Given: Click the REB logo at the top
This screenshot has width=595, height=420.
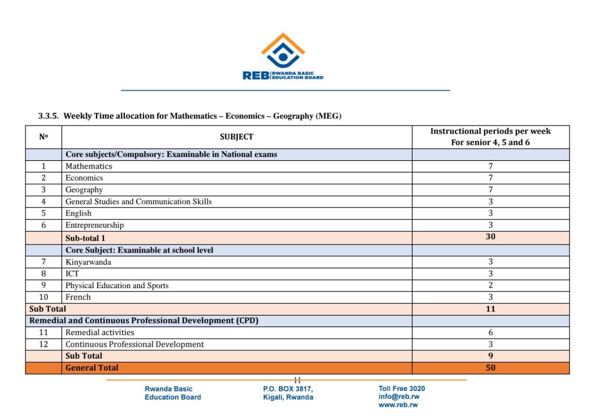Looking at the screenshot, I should coord(283,57).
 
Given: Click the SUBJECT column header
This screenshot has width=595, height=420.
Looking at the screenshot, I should coord(236,137).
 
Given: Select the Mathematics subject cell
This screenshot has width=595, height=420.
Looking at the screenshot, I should coord(89,166).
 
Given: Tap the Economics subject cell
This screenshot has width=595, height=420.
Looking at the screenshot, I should coord(84,178).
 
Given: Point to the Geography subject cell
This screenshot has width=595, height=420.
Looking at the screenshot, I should coord(84,190).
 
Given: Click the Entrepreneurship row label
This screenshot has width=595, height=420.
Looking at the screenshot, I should coord(95,225).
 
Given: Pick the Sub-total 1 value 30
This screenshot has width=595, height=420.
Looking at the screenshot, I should coord(490,237).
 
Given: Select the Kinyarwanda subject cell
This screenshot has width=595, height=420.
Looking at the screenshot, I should coord(88,262).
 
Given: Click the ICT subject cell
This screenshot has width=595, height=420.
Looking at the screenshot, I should coord(73,274).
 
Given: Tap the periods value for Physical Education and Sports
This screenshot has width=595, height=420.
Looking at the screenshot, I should coord(490,285).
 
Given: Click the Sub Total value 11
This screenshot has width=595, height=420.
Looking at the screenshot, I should coord(490,309).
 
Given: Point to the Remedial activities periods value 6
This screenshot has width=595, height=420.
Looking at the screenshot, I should coord(490,332).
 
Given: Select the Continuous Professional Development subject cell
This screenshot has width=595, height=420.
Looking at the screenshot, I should coord(135,344).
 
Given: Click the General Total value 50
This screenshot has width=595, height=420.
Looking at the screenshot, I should coord(490,368).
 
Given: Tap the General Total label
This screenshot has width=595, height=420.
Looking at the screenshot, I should coord(92,368).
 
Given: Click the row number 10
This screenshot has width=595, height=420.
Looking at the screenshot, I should coord(44,297).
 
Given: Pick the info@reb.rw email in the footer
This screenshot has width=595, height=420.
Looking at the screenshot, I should coord(399,397).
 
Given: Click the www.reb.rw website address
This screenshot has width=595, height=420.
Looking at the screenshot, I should coord(398,405).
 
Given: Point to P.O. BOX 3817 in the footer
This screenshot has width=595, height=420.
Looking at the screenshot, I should coord(288,389).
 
